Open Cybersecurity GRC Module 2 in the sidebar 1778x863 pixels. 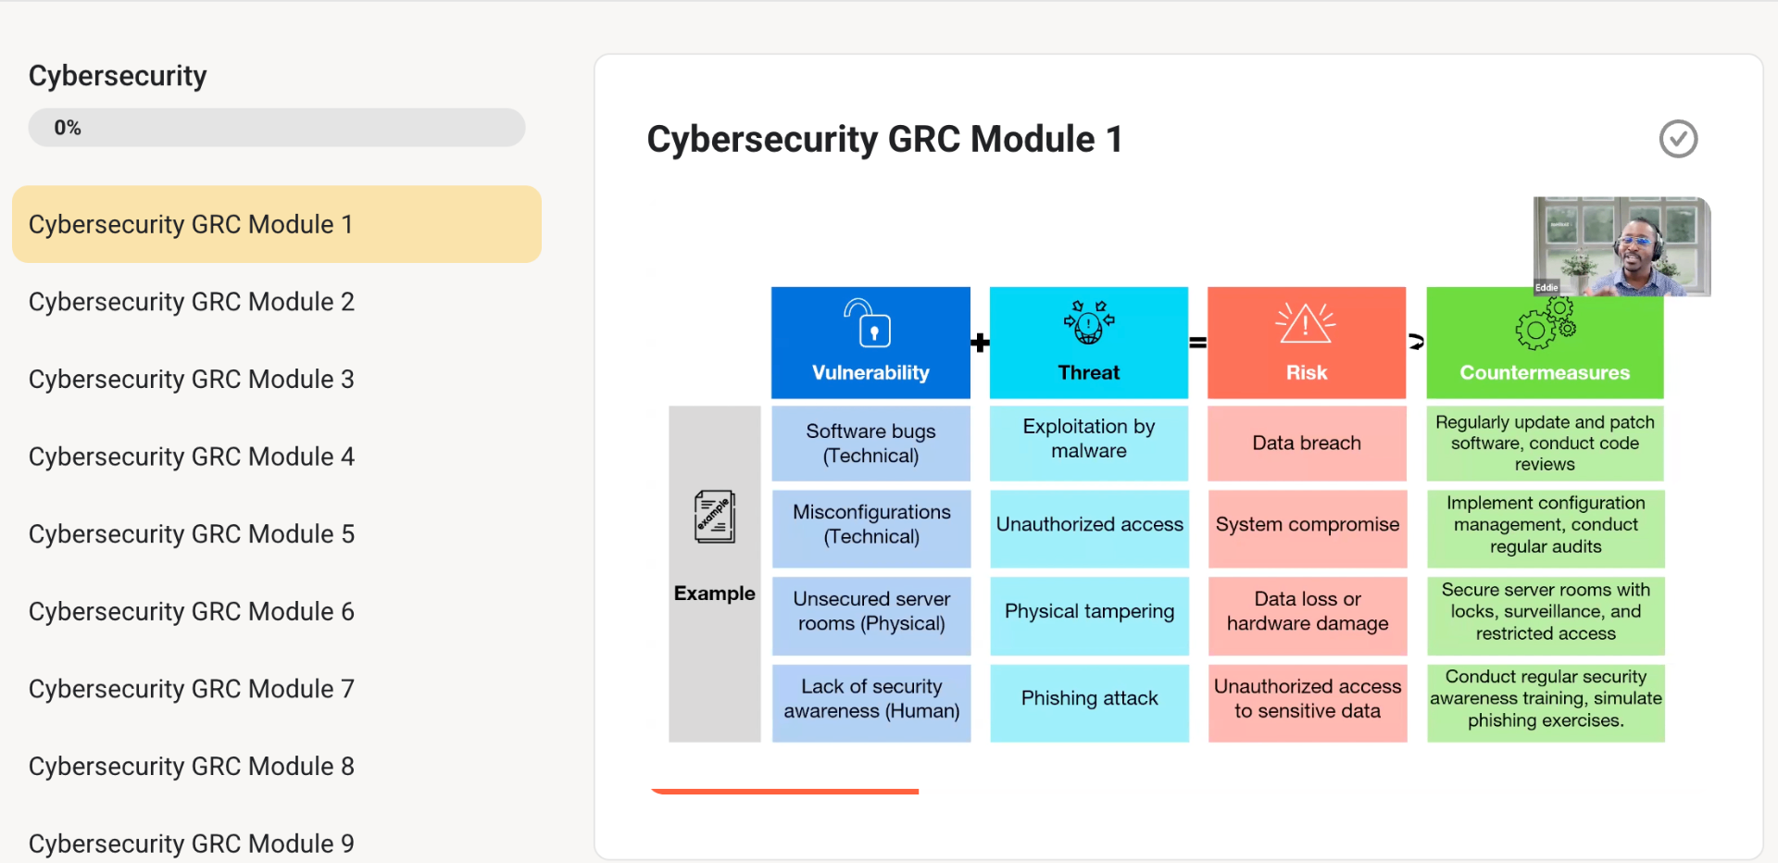191,302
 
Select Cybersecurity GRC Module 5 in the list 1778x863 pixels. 191,534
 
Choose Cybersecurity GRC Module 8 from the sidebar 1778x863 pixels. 191,767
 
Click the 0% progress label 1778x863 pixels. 68,128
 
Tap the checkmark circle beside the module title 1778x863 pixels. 1677,139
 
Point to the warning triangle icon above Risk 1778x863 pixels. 1306,323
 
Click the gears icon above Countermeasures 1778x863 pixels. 1545,323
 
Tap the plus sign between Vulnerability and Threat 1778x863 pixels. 980,344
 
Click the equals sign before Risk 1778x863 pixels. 1197,344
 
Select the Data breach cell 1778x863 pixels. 1307,444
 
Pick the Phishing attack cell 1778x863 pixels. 1089,699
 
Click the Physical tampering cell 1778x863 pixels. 1089,612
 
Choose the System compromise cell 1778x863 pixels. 1307,525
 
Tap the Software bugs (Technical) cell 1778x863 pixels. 870,444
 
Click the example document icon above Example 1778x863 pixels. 715,517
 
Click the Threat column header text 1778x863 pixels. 1088,372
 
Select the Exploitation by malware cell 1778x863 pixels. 1089,439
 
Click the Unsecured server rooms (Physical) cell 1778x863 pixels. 871,612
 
